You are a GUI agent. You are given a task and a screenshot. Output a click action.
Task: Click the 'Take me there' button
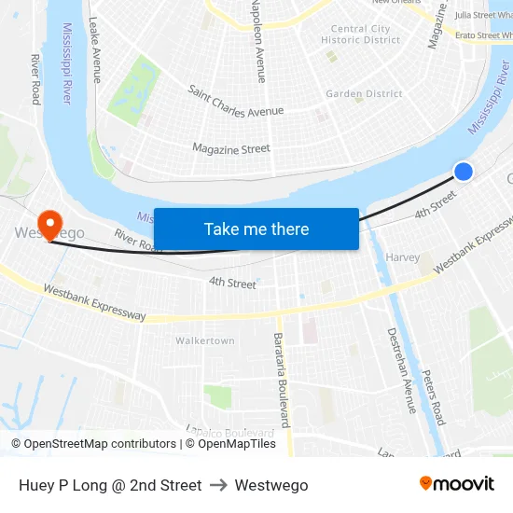256,229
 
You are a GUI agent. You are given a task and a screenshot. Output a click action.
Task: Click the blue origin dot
463,171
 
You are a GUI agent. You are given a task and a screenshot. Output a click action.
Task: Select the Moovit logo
456,484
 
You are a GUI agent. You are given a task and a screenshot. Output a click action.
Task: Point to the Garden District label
364,94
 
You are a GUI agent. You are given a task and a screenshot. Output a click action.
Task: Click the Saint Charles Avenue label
235,102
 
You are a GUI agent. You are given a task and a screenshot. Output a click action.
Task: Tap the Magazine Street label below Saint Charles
230,148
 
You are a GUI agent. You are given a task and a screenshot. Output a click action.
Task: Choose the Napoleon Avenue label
258,42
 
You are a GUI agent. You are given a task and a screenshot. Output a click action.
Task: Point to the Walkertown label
205,341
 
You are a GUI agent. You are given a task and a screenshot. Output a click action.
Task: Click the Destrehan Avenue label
401,370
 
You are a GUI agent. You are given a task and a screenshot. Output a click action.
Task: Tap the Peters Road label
433,396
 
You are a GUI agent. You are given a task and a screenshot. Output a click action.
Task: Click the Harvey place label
402,257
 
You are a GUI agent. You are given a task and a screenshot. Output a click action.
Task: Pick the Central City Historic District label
360,35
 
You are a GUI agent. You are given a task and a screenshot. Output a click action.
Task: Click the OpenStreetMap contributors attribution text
93,444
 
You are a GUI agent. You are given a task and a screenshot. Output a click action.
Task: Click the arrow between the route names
218,485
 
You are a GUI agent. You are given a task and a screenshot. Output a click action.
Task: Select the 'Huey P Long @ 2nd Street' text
110,485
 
